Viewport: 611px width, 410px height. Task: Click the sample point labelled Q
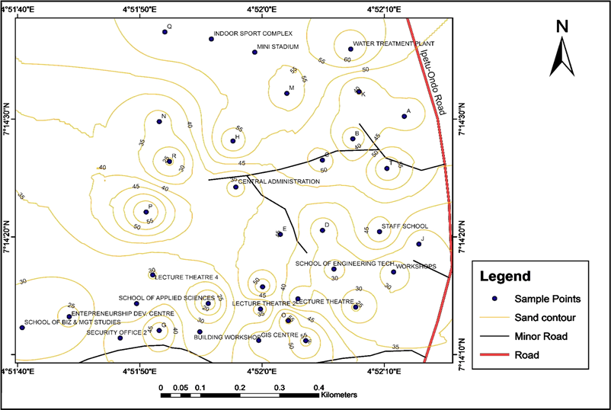pyautogui.click(x=165, y=31)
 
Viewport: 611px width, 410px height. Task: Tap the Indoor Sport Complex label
pyautogui.click(x=253, y=34)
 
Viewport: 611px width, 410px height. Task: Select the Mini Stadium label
pyautogui.click(x=277, y=46)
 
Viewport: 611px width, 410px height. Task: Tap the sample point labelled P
pyautogui.click(x=146, y=212)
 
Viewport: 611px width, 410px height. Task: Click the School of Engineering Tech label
pyautogui.click(x=344, y=263)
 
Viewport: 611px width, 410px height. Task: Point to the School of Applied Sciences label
pyautogui.click(x=166, y=296)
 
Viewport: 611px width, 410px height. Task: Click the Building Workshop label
pyautogui.click(x=228, y=336)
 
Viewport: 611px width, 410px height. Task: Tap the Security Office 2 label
pyautogui.click(x=116, y=332)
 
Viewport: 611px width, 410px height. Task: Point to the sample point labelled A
pyautogui.click(x=405, y=117)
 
